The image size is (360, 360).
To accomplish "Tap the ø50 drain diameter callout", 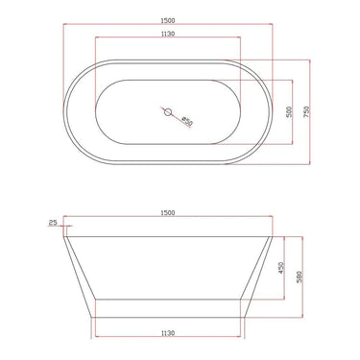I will click(x=186, y=122).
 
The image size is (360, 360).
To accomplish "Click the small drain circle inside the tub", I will click(x=168, y=115).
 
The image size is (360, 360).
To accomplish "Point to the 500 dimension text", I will click(x=289, y=112).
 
